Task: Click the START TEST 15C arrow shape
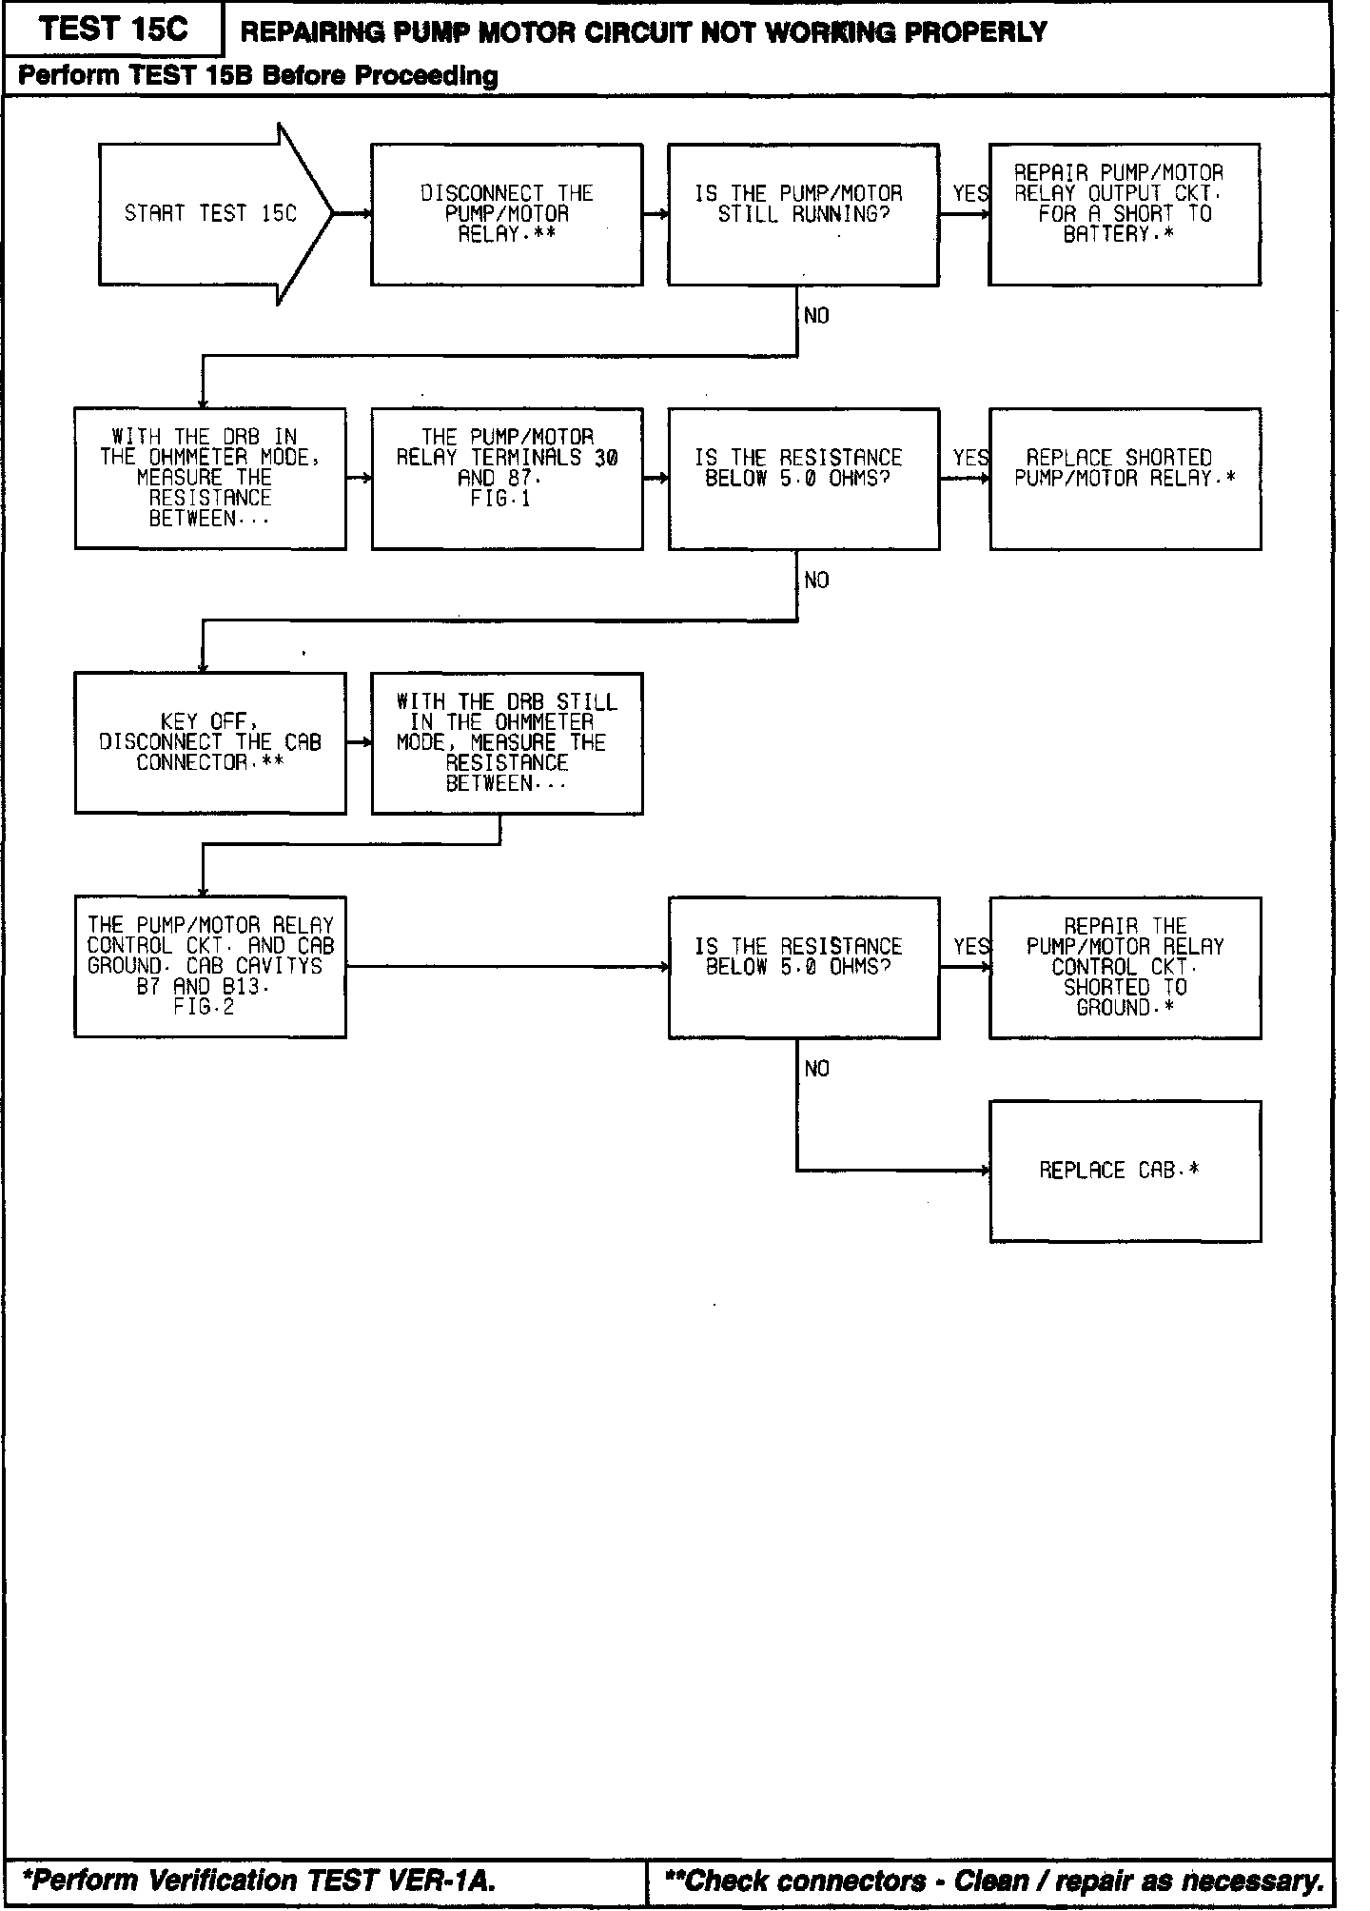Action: [x=211, y=214]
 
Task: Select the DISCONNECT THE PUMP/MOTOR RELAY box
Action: [x=506, y=214]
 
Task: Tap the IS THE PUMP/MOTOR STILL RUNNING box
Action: [x=803, y=214]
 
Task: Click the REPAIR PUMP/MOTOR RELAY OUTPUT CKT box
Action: [x=1125, y=214]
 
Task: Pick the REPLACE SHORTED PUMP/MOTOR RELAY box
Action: [x=1125, y=479]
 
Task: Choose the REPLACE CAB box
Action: [x=1125, y=1171]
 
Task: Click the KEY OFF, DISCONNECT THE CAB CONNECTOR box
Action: [x=210, y=743]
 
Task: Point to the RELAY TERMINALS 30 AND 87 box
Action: [x=507, y=479]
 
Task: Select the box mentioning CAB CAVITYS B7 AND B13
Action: [x=210, y=967]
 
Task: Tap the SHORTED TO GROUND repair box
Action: [x=1125, y=967]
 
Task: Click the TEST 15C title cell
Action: [x=114, y=30]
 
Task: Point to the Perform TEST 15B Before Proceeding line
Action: [x=259, y=76]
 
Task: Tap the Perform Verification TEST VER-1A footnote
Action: [x=259, y=1880]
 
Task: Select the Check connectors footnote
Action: [x=993, y=1880]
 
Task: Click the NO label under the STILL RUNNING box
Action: [x=816, y=316]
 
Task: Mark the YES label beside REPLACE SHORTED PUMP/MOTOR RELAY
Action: [x=969, y=459]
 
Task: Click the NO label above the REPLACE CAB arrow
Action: [x=816, y=1070]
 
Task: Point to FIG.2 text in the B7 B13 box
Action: [x=204, y=1007]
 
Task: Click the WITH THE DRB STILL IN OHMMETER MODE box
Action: [x=507, y=743]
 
